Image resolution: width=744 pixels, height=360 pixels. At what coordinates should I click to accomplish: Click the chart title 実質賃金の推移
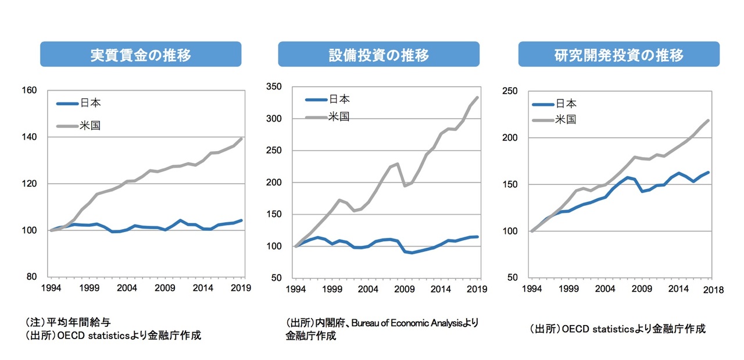141,55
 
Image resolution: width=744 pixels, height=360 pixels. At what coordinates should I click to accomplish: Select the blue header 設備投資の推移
378,55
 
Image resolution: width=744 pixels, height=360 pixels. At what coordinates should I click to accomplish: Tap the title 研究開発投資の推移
618,55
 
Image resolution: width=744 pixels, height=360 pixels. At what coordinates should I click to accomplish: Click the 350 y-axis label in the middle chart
274,87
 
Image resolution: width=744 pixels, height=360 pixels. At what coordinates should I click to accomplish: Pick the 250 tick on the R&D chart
510,91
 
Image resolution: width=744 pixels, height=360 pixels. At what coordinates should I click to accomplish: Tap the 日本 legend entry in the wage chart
90,104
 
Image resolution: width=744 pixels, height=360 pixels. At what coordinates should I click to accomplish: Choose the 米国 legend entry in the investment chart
338,116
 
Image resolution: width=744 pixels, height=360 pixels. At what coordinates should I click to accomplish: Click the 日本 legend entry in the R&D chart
566,104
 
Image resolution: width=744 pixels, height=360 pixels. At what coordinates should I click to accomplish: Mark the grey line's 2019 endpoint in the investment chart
478,97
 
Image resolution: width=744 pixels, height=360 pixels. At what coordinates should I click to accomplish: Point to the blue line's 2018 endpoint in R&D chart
709,172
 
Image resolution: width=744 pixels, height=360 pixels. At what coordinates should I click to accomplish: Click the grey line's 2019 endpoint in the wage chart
241,138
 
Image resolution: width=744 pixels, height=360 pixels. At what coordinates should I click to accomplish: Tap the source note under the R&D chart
618,329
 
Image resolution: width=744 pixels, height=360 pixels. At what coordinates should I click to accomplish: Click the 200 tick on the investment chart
274,183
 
